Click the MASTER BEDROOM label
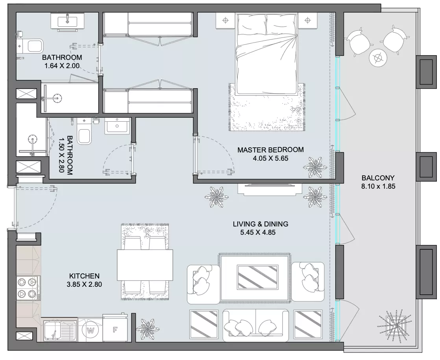click(x=270, y=150)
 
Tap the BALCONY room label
click(x=378, y=178)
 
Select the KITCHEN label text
click(x=84, y=276)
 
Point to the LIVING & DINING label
click(x=261, y=224)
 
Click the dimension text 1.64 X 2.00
click(x=62, y=66)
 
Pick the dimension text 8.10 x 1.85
click(x=378, y=186)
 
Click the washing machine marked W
click(x=91, y=330)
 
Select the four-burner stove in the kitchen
click(x=28, y=288)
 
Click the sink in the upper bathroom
click(x=68, y=21)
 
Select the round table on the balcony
click(x=378, y=58)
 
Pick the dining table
click(x=145, y=265)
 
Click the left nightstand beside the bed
click(x=226, y=20)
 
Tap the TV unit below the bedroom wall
click(x=270, y=189)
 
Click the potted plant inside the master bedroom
click(x=315, y=167)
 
